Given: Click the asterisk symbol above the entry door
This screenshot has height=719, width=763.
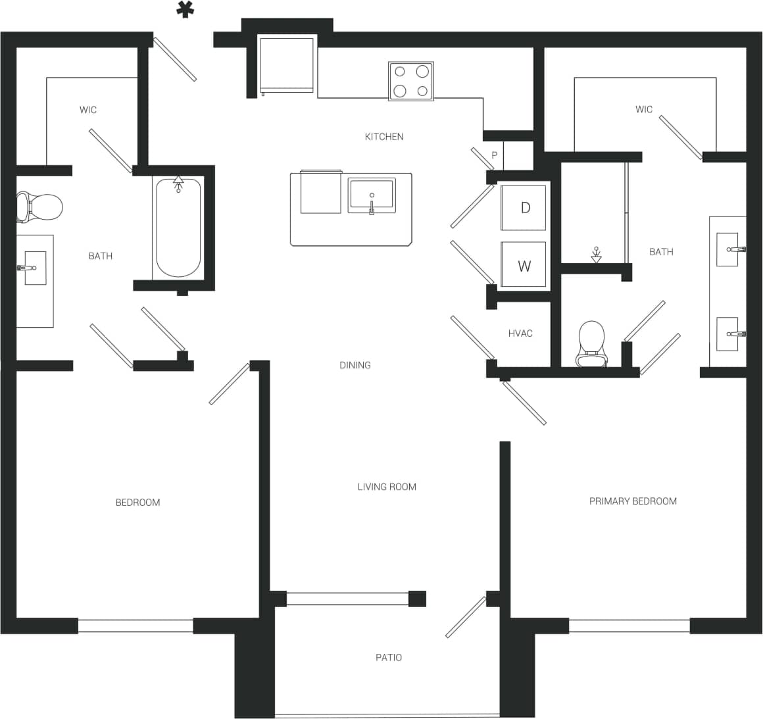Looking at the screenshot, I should pos(185,10).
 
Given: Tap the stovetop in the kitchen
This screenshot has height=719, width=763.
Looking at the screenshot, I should pos(411,81).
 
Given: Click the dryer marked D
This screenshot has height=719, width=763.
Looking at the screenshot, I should pos(524,208).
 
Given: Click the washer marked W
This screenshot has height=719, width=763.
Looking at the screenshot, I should pos(524,266).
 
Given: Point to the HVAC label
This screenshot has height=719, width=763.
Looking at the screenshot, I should pos(520,334).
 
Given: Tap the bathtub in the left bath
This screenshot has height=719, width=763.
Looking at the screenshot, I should pos(178,227).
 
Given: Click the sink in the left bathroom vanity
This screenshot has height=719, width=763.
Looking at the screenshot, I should pos(34,268).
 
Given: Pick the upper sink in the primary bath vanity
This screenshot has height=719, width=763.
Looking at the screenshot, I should pos(727,249).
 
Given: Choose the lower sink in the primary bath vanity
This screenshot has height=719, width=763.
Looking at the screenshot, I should pos(727,334).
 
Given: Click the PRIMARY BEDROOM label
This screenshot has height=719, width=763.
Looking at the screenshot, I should pos(633,501).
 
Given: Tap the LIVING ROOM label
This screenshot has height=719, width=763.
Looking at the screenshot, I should pos(387,487).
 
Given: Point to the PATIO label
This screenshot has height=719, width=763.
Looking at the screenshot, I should pos(388,657).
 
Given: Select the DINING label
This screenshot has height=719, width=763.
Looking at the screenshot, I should pos(355,365).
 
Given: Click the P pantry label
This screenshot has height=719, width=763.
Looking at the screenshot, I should pos(495,156).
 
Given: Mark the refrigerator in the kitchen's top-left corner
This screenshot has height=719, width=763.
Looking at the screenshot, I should pos(287,66).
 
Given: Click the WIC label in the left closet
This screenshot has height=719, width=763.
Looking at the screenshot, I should pos(88,110).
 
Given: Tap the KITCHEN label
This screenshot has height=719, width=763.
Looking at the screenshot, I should pos(384,137).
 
